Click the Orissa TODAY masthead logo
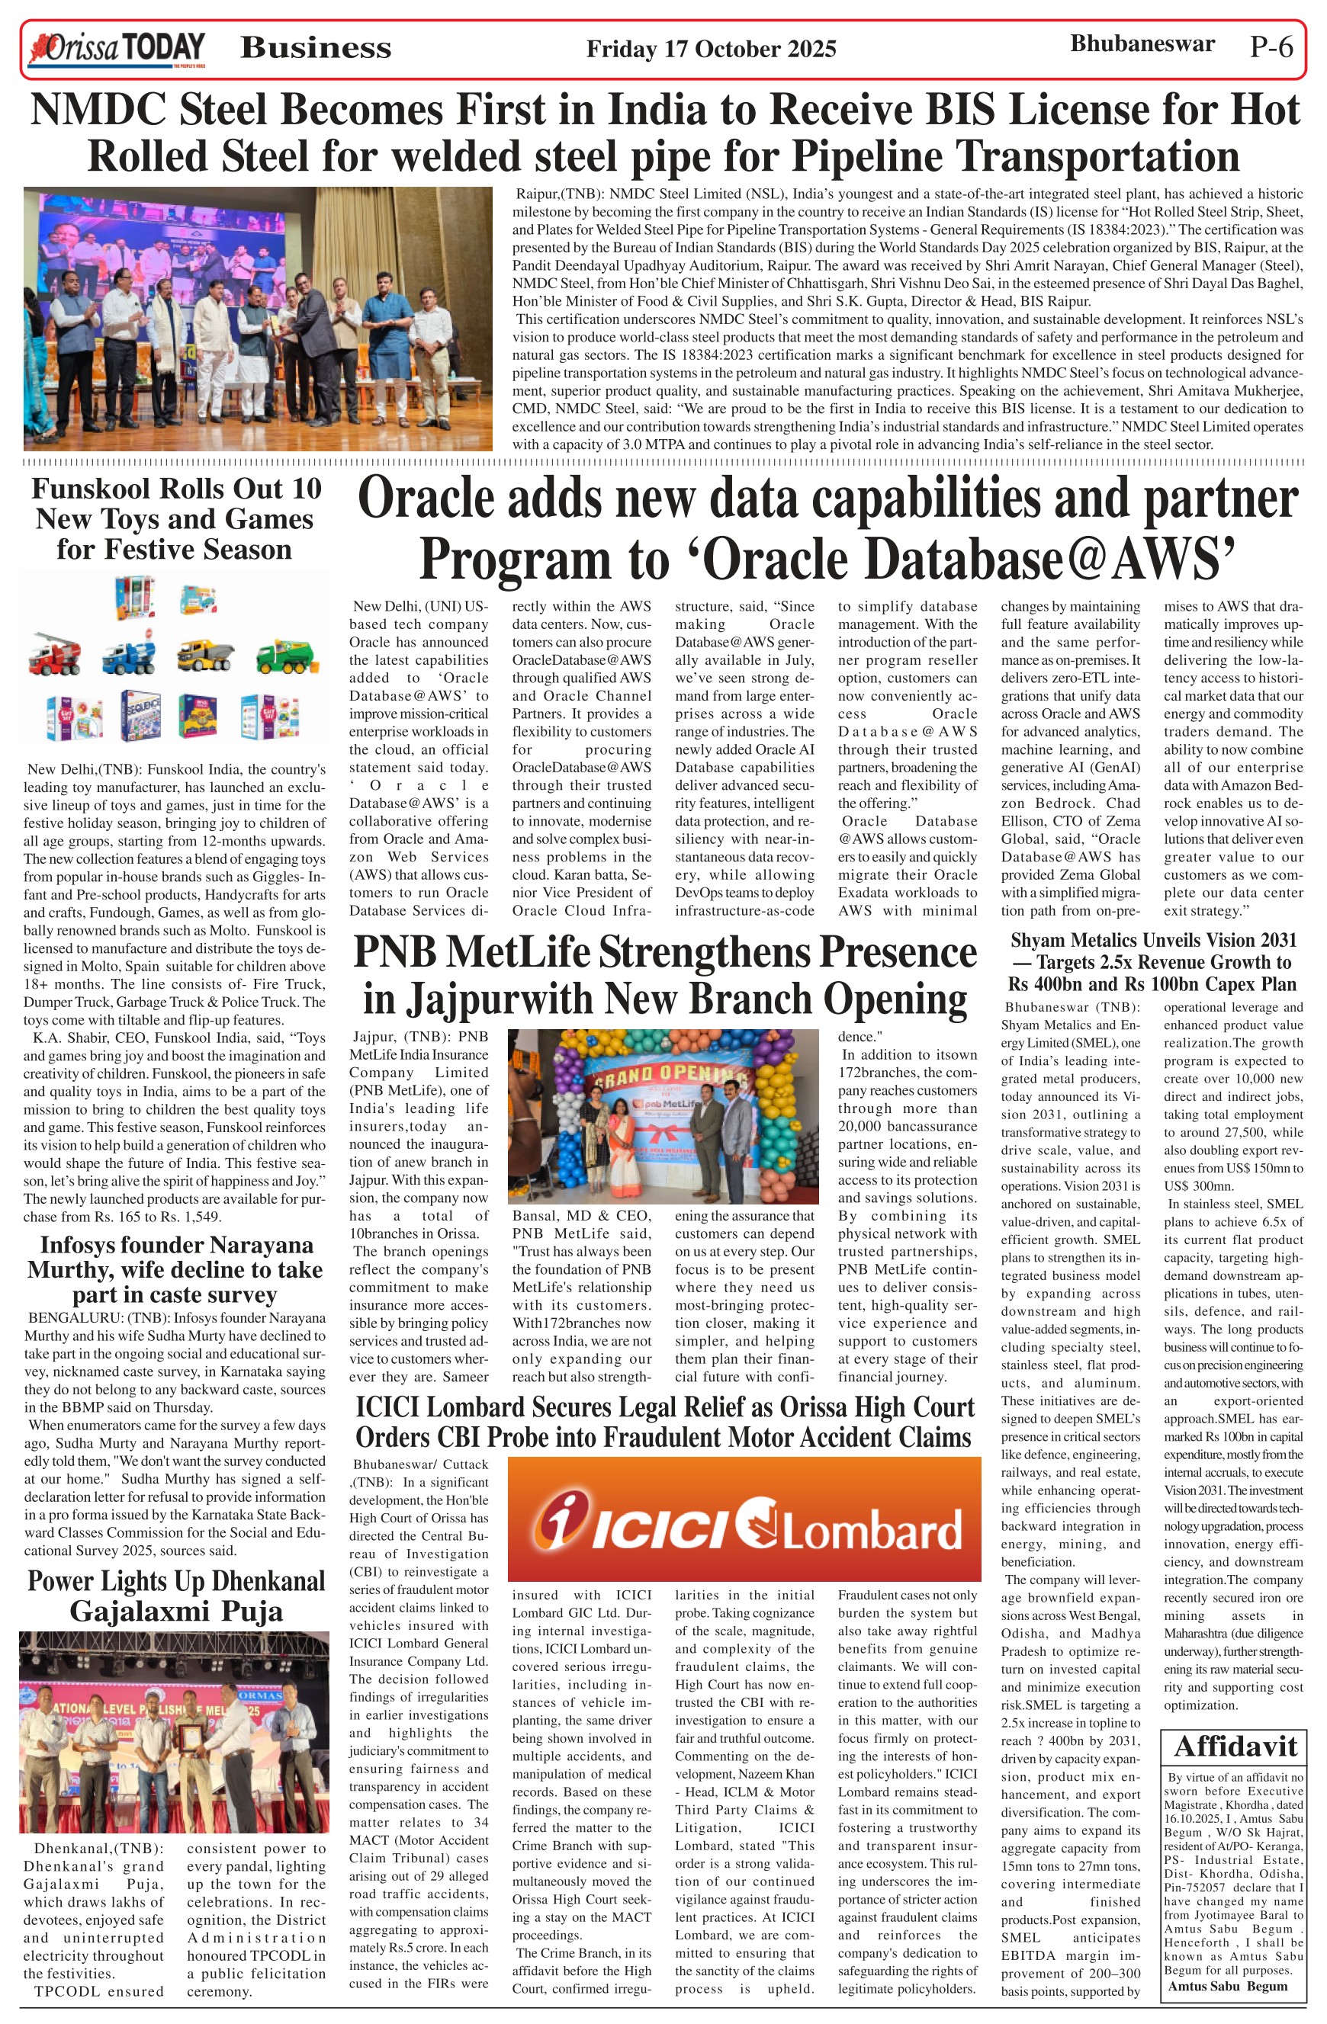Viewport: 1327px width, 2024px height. pos(117,49)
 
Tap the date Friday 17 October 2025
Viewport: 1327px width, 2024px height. pos(710,50)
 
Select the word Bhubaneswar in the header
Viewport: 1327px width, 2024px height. pos(1142,44)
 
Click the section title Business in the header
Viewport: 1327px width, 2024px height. pos(316,47)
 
